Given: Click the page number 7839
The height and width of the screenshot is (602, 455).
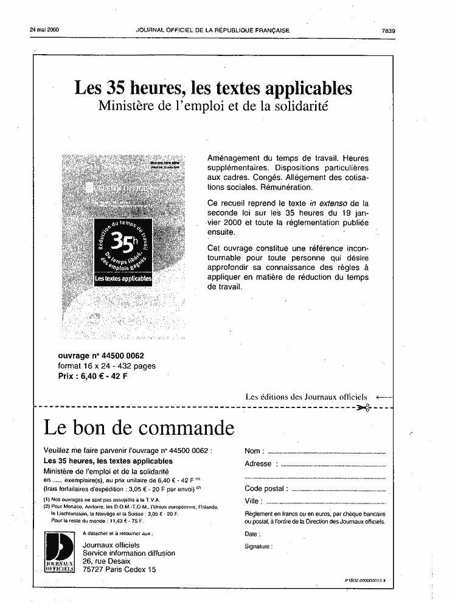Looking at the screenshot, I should point(388,30).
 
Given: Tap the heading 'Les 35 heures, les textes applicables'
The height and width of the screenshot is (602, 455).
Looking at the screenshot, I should point(213,89).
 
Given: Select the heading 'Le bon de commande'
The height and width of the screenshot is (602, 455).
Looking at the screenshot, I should point(139,427).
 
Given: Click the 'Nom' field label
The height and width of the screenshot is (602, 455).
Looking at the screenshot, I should point(253,451).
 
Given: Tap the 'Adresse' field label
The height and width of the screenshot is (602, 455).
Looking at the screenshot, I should point(258,464).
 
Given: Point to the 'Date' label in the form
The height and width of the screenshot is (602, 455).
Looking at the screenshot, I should point(251,534).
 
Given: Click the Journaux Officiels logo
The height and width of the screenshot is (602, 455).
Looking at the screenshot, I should point(60,554).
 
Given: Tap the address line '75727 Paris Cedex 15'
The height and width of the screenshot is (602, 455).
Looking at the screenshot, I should point(119,570).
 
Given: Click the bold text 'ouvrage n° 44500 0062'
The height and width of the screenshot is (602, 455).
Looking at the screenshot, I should point(101,356).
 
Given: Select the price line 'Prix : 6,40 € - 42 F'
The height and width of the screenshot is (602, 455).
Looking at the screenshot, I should point(92,376).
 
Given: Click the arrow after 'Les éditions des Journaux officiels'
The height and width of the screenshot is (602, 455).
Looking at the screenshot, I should point(384,397).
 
